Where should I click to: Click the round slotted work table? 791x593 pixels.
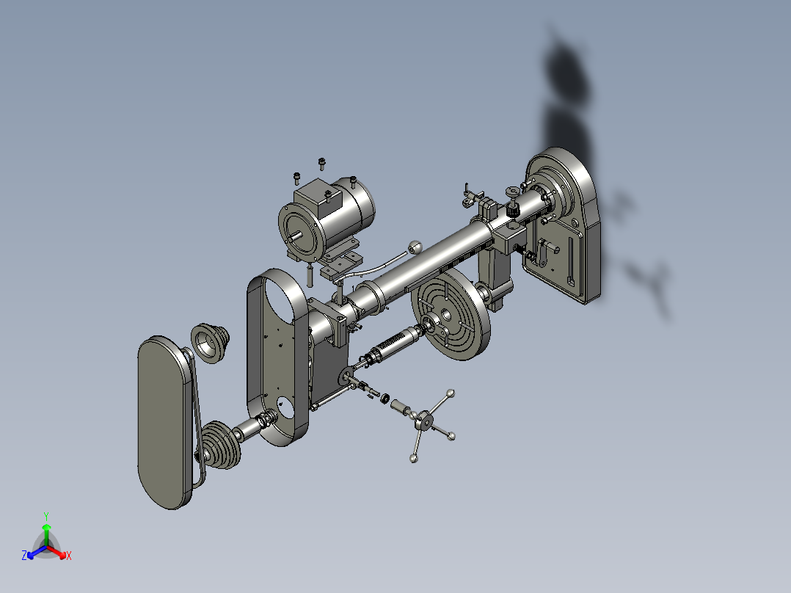[451, 313]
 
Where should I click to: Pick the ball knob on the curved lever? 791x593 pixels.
[415, 247]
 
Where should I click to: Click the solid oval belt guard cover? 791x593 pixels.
[164, 422]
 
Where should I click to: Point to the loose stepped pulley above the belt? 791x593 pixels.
[210, 343]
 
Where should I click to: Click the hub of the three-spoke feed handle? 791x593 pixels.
[425, 420]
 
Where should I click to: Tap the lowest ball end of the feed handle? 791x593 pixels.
[414, 458]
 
